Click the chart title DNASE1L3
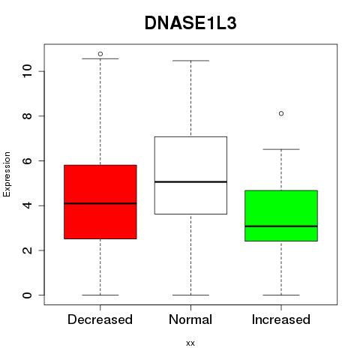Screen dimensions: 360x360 pos(190,23)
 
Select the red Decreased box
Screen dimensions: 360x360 pos(100,202)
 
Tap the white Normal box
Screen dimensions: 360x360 pos(190,175)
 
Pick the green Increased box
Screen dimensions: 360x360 pos(281,216)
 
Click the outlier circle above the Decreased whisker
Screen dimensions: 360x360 pos(100,54)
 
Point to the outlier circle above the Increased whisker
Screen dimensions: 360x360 pos(281,113)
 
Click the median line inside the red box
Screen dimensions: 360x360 pos(100,203)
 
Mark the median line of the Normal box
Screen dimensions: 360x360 pos(190,181)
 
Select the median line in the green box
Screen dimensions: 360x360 pos(281,226)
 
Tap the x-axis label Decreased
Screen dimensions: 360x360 pos(100,319)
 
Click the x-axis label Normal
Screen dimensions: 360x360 pos(190,319)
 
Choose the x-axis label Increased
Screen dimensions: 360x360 pos(281,319)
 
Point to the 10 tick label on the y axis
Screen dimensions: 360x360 pos(27,71)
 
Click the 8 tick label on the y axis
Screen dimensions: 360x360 pos(27,116)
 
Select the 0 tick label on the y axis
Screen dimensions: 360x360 pos(27,295)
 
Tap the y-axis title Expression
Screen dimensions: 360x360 pos(7,174)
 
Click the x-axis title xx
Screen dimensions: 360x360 pos(190,343)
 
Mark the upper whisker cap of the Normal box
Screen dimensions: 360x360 pos(190,61)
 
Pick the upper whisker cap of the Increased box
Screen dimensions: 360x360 pos(281,149)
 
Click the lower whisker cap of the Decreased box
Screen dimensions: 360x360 pos(100,295)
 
